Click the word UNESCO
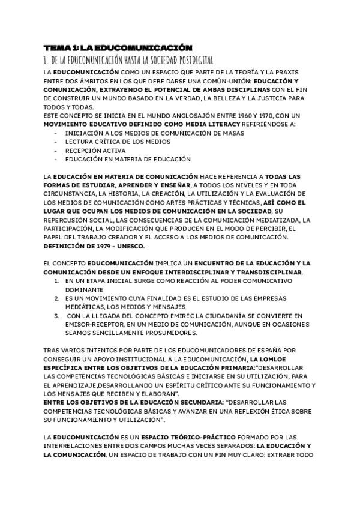tap(129, 245)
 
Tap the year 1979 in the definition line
tap(97, 245)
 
